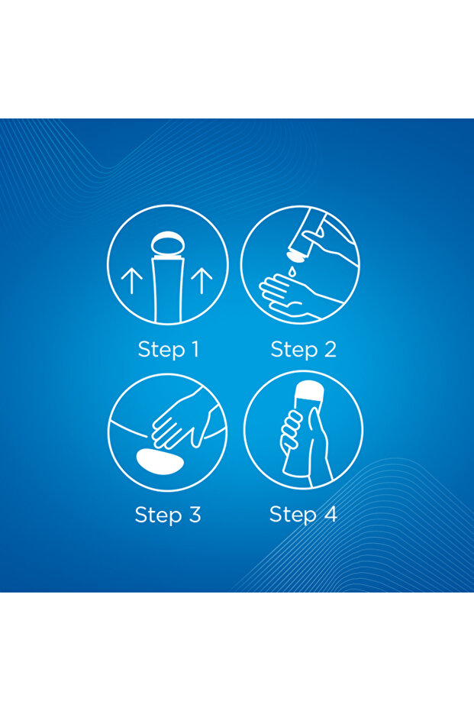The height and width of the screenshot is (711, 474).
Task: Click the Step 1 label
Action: pos(168,350)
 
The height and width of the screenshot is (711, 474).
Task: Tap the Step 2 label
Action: pos(304,350)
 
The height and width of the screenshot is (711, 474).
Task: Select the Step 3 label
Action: pos(168,515)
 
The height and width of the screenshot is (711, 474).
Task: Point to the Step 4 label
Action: pos(303,515)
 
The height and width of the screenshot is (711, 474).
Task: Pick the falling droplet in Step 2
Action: pos(292,272)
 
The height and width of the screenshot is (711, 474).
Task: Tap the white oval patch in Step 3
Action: pos(160,461)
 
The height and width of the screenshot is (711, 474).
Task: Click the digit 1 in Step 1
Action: pos(194,350)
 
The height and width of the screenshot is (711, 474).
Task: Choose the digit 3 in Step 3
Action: pos(195,515)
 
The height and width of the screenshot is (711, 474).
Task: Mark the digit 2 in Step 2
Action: pos(330,350)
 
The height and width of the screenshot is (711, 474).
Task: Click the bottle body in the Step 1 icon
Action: pos(168,290)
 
